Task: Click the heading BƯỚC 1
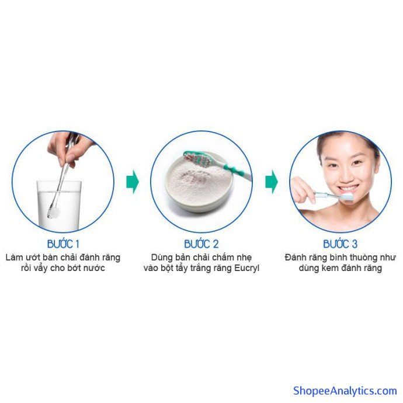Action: (63, 244)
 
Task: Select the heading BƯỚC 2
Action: (201, 244)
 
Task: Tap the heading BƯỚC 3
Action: (340, 244)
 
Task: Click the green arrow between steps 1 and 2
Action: (133, 182)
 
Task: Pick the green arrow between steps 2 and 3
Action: (272, 182)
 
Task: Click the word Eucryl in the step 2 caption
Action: (246, 268)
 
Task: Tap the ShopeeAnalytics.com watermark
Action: (345, 391)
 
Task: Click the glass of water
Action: (59, 205)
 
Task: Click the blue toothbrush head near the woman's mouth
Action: (347, 197)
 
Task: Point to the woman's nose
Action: (347, 174)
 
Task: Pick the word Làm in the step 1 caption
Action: (14, 258)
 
